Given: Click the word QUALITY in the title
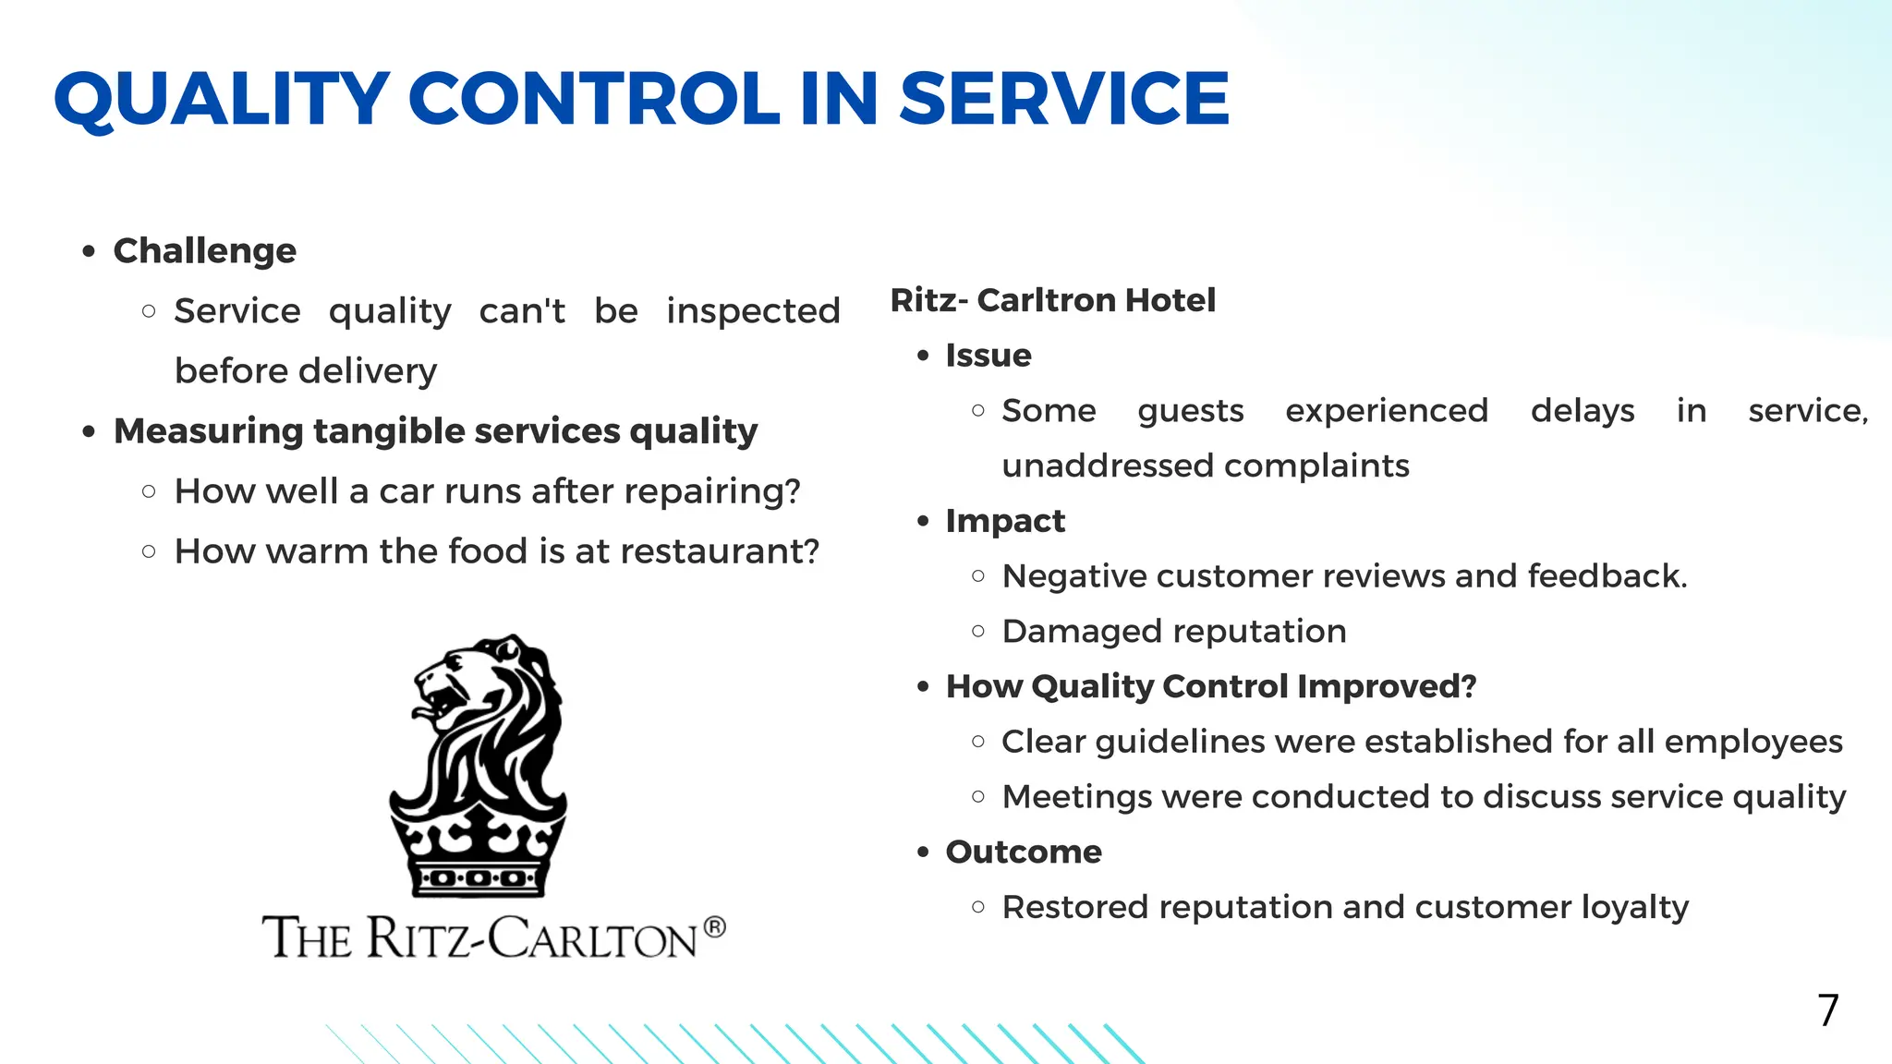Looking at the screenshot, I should point(222,99).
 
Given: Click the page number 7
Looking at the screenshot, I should point(1827,1010).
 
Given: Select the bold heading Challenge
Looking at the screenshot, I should point(204,251).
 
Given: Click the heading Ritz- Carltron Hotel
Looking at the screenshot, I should point(1052,300).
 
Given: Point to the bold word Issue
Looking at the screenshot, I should point(988,356).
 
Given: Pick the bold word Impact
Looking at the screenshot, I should point(1005,521).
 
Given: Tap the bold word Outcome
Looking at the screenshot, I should point(1023,852).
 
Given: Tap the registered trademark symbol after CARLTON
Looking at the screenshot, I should point(714,926).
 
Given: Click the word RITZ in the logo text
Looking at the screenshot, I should point(419,938).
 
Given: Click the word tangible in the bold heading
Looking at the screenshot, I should point(390,431).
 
